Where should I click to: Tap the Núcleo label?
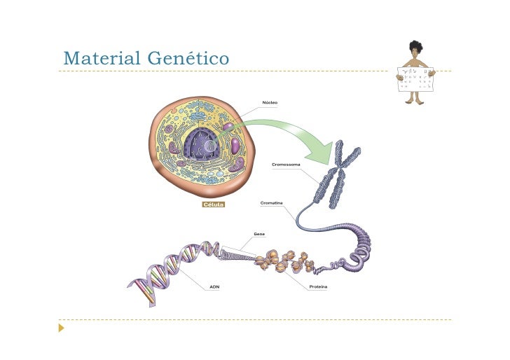(270, 102)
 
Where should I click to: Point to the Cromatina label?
(272, 202)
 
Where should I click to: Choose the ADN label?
(214, 286)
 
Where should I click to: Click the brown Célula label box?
(213, 205)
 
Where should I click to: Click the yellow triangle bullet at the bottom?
(62, 327)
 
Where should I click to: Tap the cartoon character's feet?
(415, 102)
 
